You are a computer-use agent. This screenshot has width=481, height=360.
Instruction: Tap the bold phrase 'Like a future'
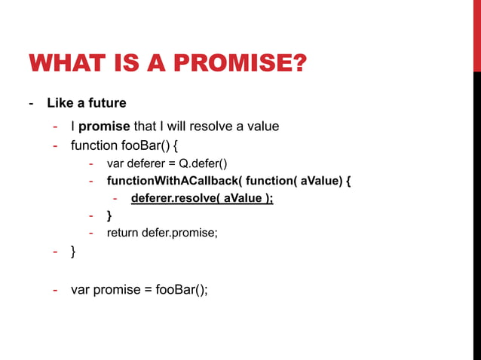(86, 102)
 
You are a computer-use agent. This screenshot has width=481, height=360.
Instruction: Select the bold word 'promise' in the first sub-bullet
(104, 126)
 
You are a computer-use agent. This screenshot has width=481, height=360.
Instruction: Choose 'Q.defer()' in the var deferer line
(203, 163)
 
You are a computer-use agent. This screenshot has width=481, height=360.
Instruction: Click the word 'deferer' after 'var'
(148, 163)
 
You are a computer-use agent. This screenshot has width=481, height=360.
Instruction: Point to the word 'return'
(123, 233)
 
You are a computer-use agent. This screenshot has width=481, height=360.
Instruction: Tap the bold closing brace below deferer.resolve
(109, 215)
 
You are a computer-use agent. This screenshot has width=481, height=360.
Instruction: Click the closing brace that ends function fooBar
(73, 252)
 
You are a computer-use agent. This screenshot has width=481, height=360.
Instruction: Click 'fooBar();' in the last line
(182, 289)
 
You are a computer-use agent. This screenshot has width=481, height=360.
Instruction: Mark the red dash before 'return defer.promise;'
(90, 233)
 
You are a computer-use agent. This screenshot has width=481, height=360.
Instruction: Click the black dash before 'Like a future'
(32, 102)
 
